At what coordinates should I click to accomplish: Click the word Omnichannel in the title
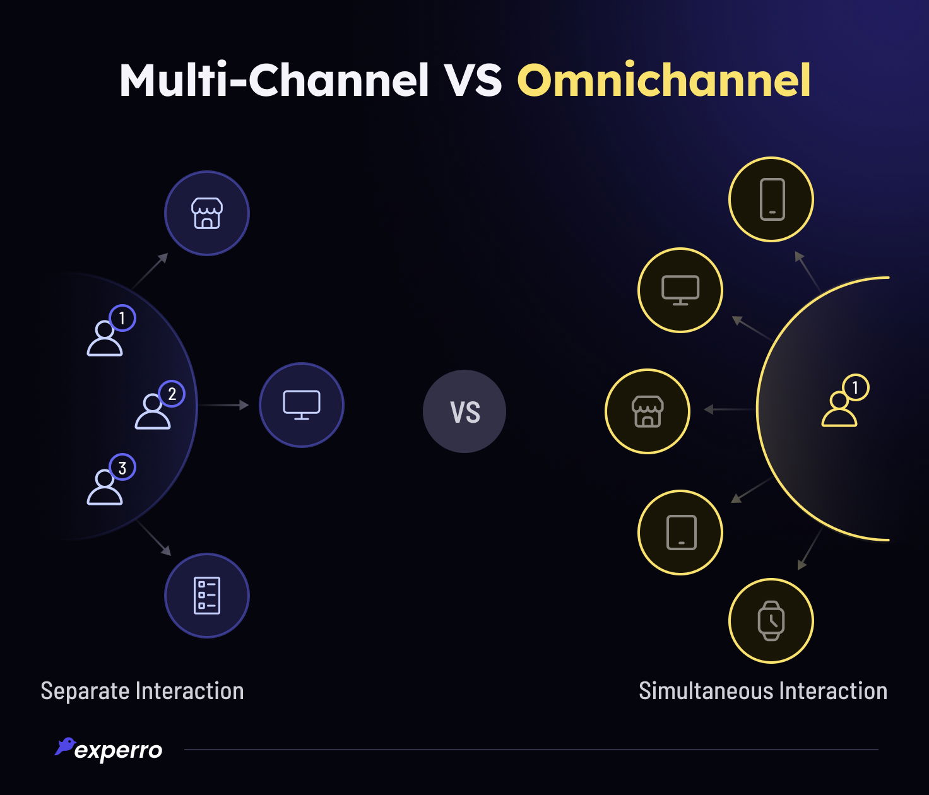[664, 81]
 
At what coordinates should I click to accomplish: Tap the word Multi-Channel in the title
[275, 81]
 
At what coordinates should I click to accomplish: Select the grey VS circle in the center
[464, 411]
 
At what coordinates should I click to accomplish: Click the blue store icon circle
[207, 213]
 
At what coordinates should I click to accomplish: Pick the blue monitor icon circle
[302, 405]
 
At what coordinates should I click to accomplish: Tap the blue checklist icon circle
[207, 596]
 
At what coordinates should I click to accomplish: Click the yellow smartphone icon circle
[771, 199]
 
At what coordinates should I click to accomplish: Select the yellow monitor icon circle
[680, 290]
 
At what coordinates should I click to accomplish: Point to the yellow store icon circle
[648, 411]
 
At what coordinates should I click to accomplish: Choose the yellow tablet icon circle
[680, 533]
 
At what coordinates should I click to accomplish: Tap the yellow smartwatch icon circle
[771, 621]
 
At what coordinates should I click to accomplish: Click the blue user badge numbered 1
[122, 318]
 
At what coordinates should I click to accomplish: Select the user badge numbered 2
[172, 394]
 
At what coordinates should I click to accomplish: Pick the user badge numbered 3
[122, 468]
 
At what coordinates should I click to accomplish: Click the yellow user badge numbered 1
[856, 387]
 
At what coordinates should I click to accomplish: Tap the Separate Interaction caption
[142, 691]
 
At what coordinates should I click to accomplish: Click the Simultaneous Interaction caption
[763, 691]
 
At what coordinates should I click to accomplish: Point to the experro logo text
[118, 750]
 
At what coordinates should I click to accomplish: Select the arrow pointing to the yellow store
[729, 409]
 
